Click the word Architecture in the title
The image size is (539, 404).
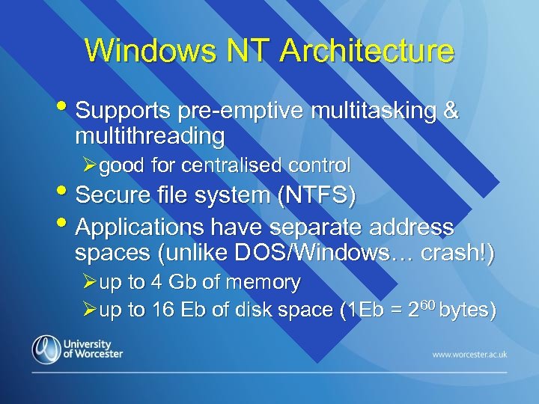click(x=367, y=51)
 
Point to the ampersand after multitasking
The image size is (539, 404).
click(x=451, y=111)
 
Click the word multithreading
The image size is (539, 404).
click(x=150, y=136)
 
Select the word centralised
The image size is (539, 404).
click(x=234, y=165)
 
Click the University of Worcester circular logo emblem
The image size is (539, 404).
click(x=46, y=350)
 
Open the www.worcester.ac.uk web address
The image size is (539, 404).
click(x=469, y=353)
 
